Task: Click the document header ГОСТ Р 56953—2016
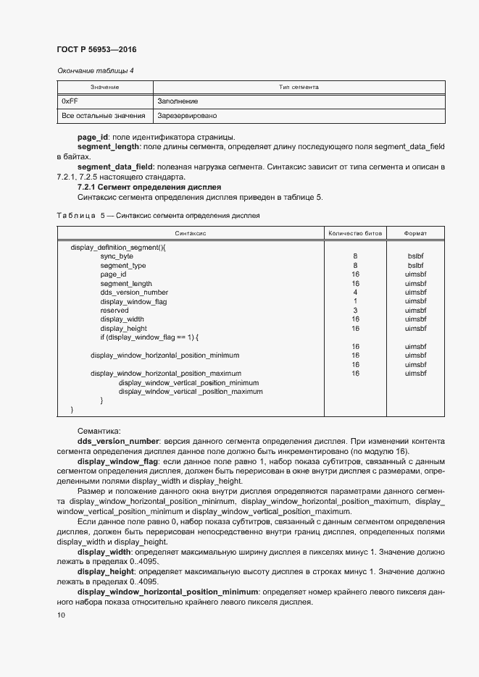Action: [96, 50]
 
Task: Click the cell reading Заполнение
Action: [178, 101]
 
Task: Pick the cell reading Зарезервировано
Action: [186, 116]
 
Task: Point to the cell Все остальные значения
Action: [104, 116]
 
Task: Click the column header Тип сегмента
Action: [299, 87]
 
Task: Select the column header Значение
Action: [104, 87]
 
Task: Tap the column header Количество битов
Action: [354, 233]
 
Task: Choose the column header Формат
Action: [415, 233]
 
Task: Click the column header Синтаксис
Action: [191, 233]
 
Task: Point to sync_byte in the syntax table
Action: [117, 256]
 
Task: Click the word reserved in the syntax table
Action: [114, 310]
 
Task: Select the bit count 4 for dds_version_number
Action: [355, 292]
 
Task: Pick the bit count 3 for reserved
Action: [355, 310]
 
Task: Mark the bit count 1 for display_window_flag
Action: [355, 301]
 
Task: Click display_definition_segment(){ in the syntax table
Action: [118, 247]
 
